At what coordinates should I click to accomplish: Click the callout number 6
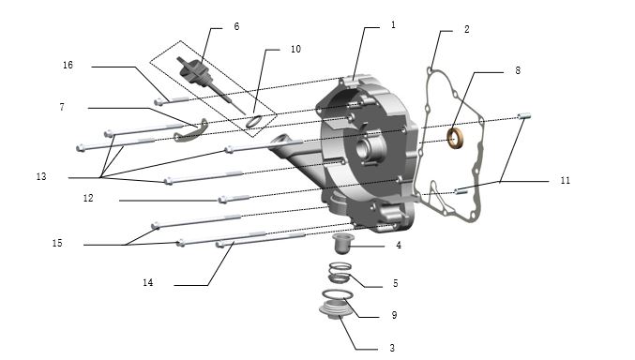236,26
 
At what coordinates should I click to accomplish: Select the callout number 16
68,65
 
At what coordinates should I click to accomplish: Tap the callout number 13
41,176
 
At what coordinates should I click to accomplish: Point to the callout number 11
565,180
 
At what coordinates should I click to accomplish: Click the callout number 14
148,282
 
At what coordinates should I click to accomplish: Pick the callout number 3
392,348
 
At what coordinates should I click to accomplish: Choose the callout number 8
518,70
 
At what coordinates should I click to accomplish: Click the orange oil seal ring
456,138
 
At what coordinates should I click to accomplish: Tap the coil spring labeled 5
340,273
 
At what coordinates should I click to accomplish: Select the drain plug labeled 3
335,310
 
